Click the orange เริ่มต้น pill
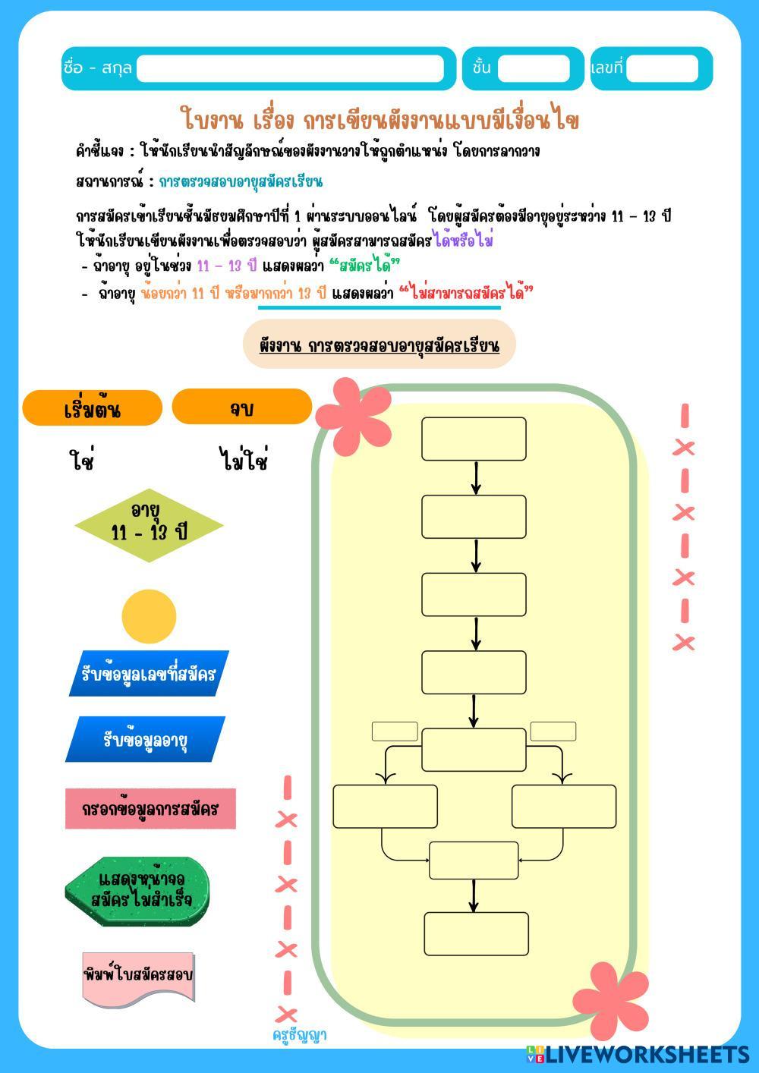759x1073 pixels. click(x=93, y=408)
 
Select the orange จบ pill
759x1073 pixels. click(x=241, y=407)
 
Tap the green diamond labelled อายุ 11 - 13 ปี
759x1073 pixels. click(x=149, y=524)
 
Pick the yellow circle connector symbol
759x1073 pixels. click(x=149, y=616)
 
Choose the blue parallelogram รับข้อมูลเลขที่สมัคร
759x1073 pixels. click(x=149, y=673)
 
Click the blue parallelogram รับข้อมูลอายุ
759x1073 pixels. click(x=146, y=739)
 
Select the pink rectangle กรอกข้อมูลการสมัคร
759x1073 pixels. click(x=150, y=808)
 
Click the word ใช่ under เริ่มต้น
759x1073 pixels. click(x=80, y=461)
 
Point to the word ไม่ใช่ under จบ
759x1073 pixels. click(x=243, y=461)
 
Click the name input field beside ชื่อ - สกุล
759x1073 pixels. click(x=291, y=68)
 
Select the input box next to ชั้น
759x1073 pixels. click(x=534, y=68)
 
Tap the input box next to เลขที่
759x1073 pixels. click(x=662, y=68)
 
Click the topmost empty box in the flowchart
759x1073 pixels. click(x=474, y=439)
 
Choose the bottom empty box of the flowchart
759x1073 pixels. click(x=476, y=933)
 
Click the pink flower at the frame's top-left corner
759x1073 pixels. click(x=353, y=414)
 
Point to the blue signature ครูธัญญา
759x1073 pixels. click(x=300, y=1035)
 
